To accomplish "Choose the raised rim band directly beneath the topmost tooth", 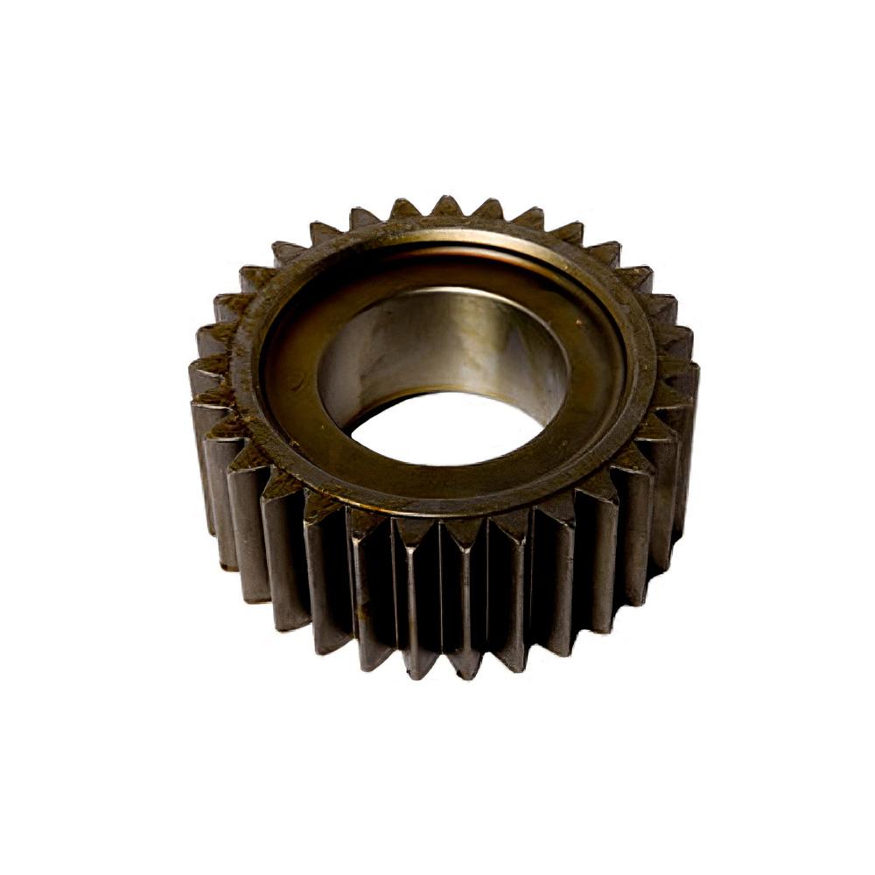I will (x=446, y=226).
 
